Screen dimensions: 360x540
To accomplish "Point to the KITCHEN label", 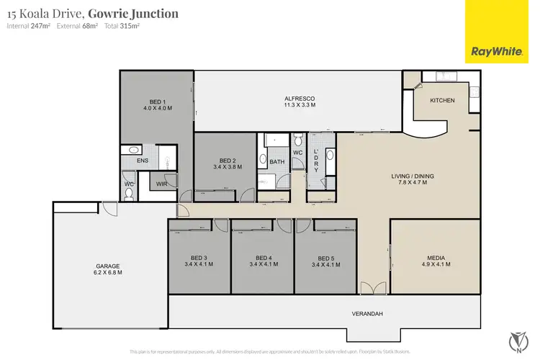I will (x=442, y=100).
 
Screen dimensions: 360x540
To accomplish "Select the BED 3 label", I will (x=199, y=258).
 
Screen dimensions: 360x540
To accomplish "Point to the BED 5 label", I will (x=325, y=258).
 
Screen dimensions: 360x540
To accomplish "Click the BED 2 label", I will (x=228, y=161).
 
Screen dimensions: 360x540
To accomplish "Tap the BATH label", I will (x=277, y=162).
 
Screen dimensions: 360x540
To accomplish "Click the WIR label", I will (x=163, y=184).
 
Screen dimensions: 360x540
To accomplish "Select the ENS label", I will (x=142, y=161).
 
